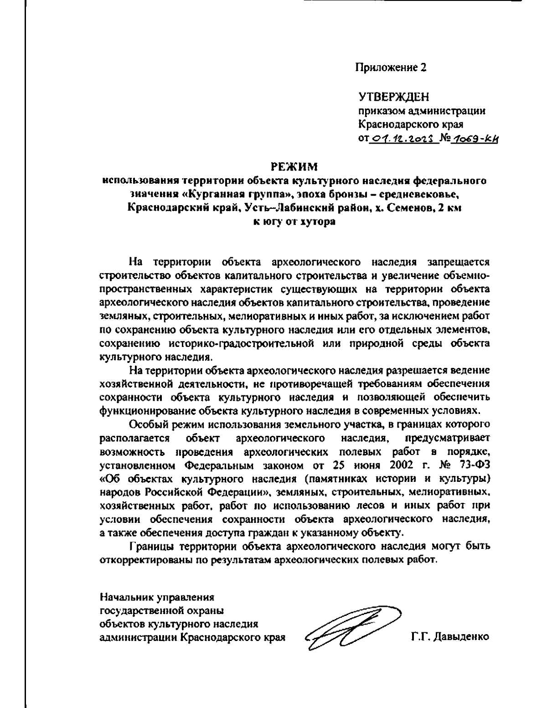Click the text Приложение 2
[391, 67]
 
